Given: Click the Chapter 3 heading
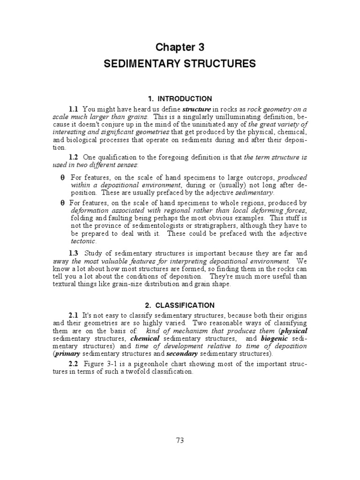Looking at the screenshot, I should [x=180, y=47].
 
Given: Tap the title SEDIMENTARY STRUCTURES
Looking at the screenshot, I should [x=180, y=64].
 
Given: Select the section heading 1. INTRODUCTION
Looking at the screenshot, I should [x=180, y=99].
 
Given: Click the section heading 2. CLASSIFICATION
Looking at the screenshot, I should [x=180, y=305].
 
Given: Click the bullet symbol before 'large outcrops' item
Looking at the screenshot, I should [x=62, y=178].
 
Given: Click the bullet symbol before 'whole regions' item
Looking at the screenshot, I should [x=62, y=203].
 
